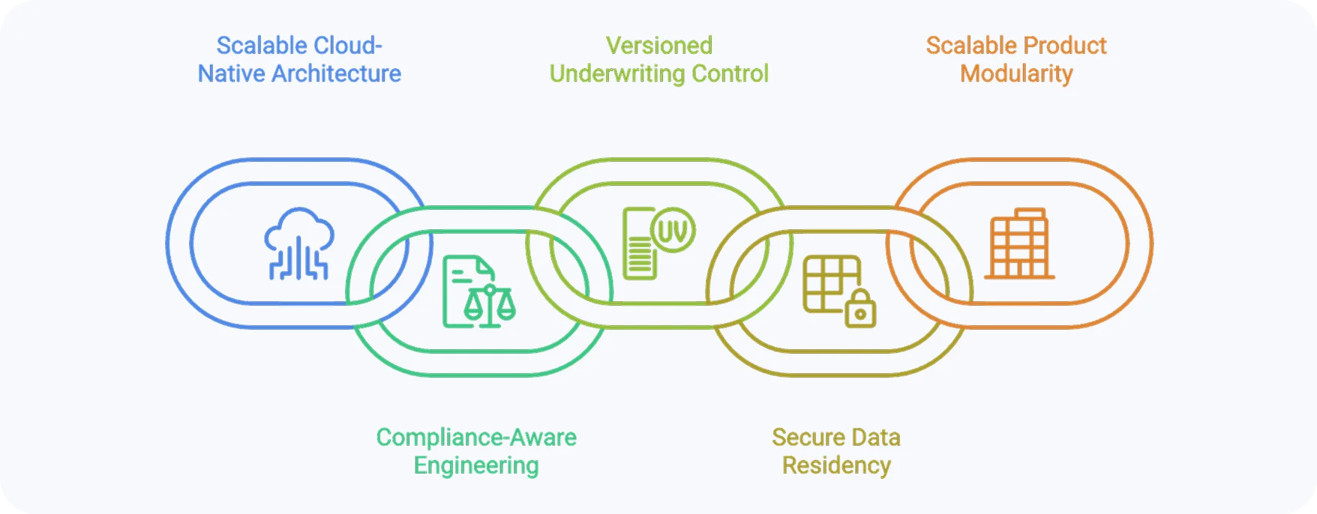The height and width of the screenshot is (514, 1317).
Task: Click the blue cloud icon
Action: click(299, 243)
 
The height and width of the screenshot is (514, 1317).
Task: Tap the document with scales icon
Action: click(478, 292)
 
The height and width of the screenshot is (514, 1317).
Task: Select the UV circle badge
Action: click(672, 230)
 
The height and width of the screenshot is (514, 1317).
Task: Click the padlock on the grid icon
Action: click(860, 309)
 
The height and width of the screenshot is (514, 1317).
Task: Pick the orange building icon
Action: click(1019, 244)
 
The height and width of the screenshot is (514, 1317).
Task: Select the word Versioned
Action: click(658, 46)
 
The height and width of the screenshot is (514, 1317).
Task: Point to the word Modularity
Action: click(1016, 74)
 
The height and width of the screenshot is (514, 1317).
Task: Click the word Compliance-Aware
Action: click(476, 438)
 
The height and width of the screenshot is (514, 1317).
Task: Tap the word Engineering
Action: click(476, 466)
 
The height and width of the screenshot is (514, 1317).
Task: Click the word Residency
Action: click(836, 466)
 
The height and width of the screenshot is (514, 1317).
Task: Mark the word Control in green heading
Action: click(730, 74)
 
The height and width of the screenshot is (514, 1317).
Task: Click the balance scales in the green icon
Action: click(490, 304)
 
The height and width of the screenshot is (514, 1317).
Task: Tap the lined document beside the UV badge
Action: click(638, 250)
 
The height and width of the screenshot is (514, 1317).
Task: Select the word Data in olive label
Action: click(875, 438)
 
